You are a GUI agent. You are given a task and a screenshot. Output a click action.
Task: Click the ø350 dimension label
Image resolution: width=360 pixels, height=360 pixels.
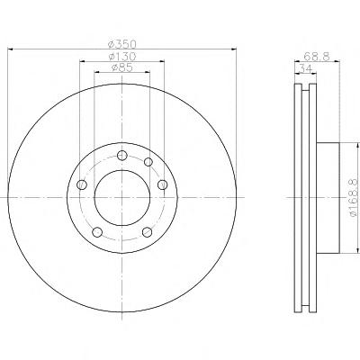pos(122,44)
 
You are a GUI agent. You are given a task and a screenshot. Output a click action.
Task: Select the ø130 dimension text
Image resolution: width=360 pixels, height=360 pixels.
pos(122,57)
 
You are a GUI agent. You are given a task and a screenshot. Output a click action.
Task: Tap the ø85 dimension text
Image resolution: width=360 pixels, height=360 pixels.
pos(122,67)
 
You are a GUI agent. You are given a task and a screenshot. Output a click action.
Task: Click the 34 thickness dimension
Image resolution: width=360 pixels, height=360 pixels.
pos(305,68)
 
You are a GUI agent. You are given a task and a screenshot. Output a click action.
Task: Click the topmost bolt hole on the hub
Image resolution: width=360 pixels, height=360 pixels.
pos(122,156)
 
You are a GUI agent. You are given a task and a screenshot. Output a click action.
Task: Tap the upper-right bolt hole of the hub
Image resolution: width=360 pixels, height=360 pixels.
pos(148,162)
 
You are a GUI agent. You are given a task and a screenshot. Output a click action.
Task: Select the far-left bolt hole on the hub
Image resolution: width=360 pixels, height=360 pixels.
pos(82,184)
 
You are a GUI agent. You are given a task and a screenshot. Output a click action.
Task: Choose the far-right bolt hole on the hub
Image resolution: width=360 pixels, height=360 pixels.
pos(162,184)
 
